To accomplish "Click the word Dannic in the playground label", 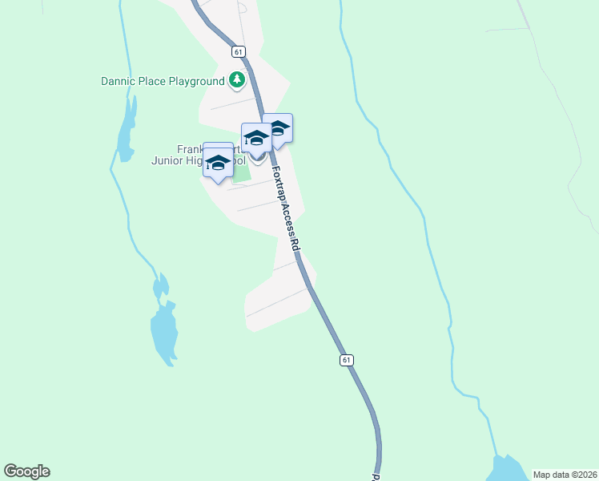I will [x=119, y=81].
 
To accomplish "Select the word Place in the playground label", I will [x=152, y=81].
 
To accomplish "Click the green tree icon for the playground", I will [x=236, y=79].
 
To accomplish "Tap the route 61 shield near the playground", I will [x=239, y=51].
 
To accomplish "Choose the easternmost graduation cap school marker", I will [x=277, y=129].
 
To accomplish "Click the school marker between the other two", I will [x=256, y=138].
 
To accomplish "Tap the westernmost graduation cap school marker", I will [x=218, y=161].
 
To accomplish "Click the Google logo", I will [x=26, y=471].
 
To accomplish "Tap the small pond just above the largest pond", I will [x=161, y=285].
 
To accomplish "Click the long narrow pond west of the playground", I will [x=126, y=128].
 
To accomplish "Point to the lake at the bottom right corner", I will [x=507, y=470].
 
